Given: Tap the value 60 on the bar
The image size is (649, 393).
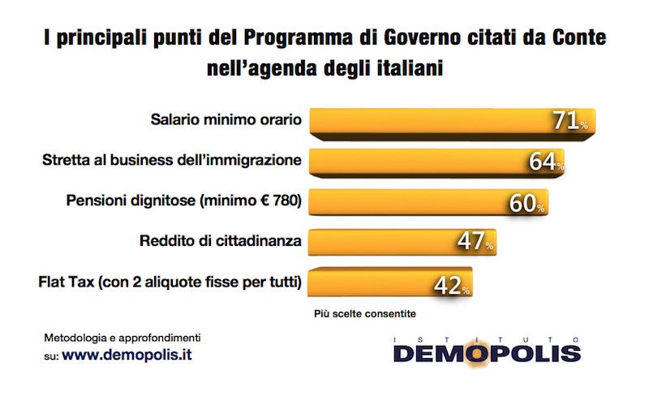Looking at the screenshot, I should pyautogui.click(x=526, y=202).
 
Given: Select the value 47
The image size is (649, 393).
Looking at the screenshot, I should pyautogui.click(x=471, y=243).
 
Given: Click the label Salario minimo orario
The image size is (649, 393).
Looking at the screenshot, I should pyautogui.click(x=226, y=119).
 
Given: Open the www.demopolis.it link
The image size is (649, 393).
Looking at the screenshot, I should pyautogui.click(x=129, y=355).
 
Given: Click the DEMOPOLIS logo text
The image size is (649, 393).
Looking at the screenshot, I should pyautogui.click(x=487, y=352).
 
